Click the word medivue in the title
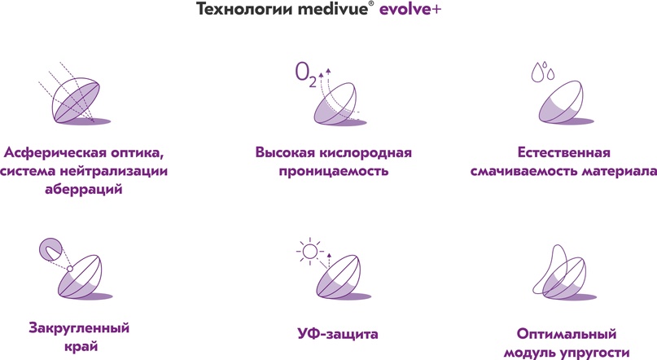333,9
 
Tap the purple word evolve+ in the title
410,9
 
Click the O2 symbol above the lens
306,75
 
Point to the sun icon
309,251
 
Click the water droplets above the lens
542,71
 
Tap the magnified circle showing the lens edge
50,250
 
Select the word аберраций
83,189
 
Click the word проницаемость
334,171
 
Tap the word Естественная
563,152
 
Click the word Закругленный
79,328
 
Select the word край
81,347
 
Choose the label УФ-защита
338,334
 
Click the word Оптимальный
567,334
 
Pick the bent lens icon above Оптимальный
563,272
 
